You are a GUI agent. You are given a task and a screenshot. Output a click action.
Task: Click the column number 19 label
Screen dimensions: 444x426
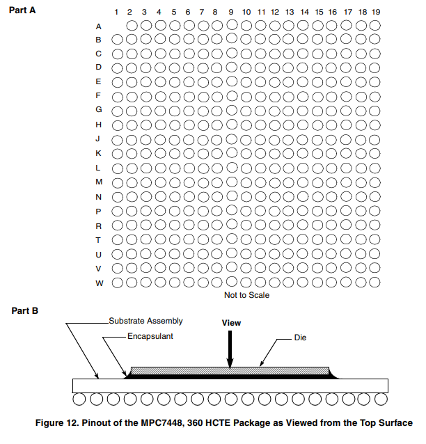[375, 13]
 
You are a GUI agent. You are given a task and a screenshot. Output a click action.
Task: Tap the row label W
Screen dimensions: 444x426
[98, 283]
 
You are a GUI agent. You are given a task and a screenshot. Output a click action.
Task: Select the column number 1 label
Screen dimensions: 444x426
[116, 13]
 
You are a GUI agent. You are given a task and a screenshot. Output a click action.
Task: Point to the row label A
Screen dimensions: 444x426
[98, 26]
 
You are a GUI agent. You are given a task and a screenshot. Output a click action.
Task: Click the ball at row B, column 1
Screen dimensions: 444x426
[117, 39]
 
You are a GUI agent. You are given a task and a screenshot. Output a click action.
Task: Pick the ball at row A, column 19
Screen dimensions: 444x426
[374, 25]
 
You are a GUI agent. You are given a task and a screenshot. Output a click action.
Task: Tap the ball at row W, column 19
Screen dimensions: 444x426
[374, 282]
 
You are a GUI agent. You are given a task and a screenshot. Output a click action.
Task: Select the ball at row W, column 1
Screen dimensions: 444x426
[117, 282]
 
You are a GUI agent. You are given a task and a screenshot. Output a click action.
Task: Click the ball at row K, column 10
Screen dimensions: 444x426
[246, 153]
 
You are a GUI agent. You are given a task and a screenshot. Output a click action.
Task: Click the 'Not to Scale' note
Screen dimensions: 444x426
[246, 295]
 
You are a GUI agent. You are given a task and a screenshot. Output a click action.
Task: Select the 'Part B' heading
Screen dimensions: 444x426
[25, 310]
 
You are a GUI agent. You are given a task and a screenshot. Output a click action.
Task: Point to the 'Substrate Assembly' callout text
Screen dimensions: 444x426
[145, 321]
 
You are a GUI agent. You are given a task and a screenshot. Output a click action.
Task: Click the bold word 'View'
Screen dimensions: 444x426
[230, 324]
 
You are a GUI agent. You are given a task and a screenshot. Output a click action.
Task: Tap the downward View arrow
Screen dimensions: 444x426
[230, 348]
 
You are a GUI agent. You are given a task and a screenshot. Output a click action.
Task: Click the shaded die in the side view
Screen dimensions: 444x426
[230, 370]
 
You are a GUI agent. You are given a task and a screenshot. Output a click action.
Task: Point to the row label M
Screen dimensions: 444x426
[98, 182]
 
